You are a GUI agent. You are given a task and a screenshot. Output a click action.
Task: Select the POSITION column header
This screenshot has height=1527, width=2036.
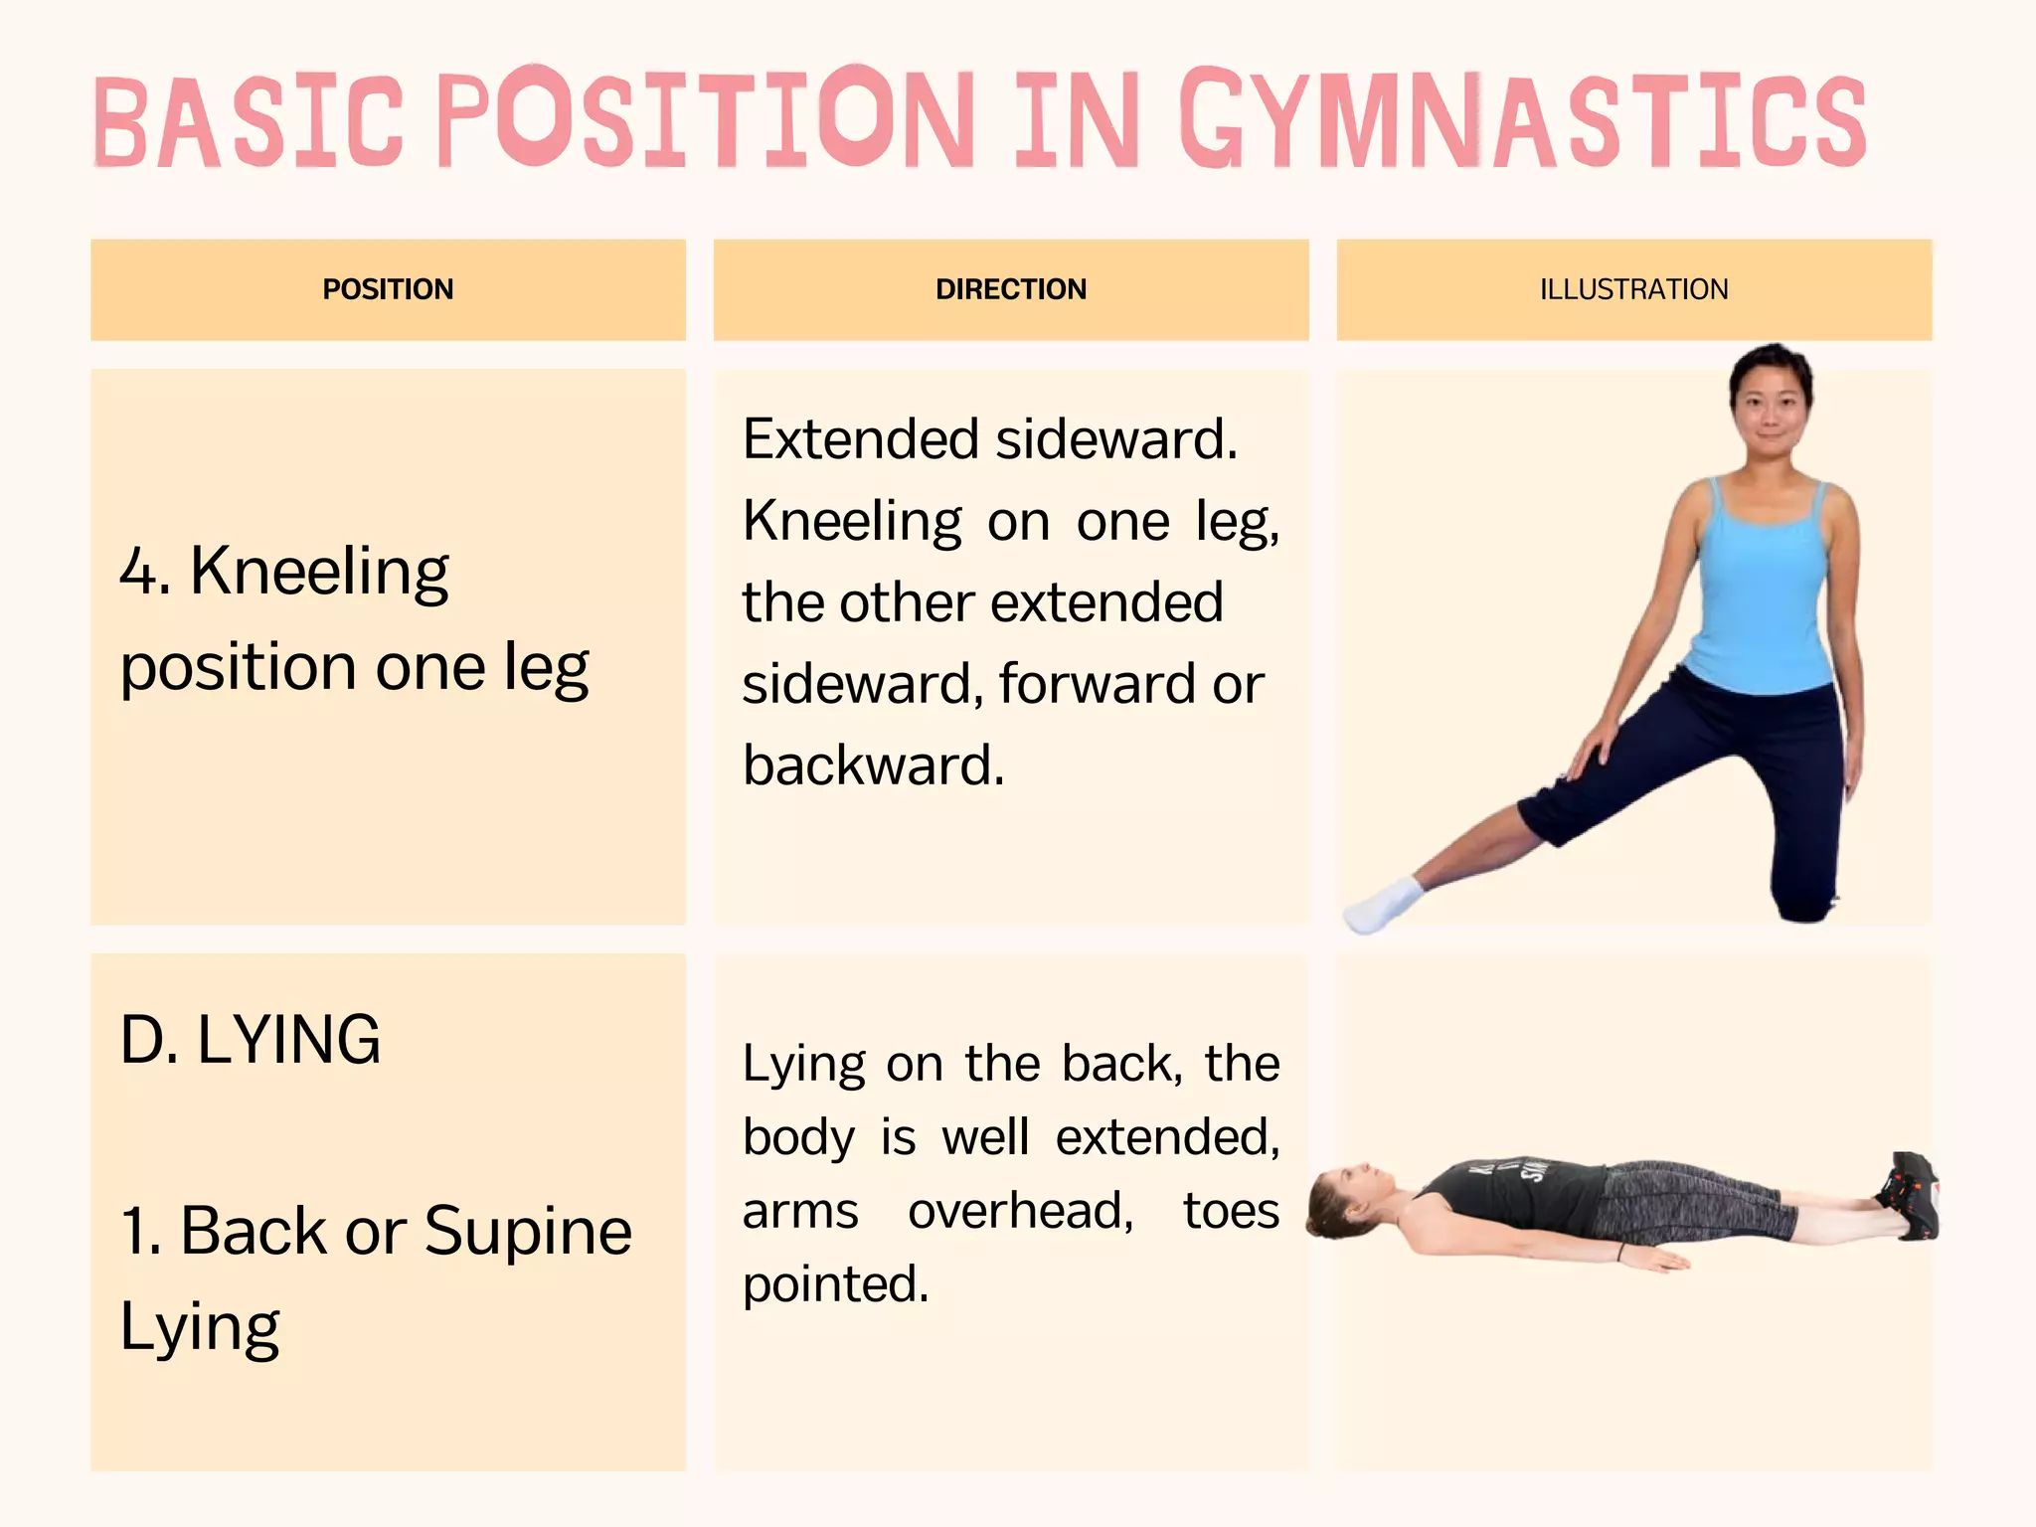coord(388,289)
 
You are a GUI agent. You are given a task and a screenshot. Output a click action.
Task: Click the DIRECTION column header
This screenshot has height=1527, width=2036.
coord(1011,289)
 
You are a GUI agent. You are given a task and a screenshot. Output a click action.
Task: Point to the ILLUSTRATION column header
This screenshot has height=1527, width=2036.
coord(1633,289)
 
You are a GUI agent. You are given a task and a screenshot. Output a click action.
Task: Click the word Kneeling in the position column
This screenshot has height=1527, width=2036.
coord(319,572)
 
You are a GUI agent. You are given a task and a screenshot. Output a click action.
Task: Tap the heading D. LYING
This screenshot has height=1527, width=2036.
coord(251,1040)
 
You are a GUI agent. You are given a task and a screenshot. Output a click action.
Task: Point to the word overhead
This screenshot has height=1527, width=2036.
coord(1020,1211)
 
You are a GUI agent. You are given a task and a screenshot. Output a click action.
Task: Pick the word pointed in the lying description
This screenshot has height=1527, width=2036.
coord(835,1284)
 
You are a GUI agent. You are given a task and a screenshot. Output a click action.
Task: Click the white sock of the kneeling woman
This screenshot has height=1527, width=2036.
coord(1382,906)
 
